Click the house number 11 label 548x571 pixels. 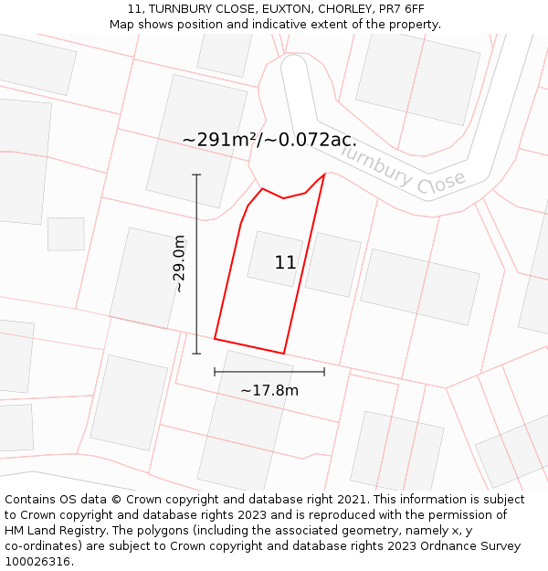[x=285, y=263]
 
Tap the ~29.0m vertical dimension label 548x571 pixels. [x=179, y=264]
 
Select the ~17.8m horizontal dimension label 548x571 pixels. [x=269, y=391]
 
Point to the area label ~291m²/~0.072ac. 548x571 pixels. [x=269, y=140]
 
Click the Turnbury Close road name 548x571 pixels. [x=403, y=170]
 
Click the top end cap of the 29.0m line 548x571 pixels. [x=196, y=174]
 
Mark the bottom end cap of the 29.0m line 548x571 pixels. [x=196, y=354]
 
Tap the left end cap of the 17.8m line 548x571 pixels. [x=215, y=372]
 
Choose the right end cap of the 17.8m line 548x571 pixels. [x=324, y=372]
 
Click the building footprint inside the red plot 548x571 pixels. [x=275, y=259]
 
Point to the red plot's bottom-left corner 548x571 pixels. [x=215, y=338]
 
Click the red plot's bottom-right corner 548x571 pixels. [x=284, y=354]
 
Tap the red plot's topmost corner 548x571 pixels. [x=324, y=174]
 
